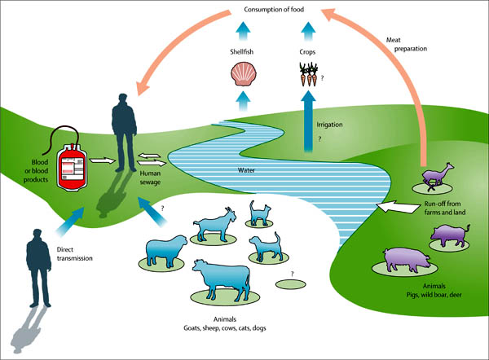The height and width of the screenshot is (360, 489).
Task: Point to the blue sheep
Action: [166, 251]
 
